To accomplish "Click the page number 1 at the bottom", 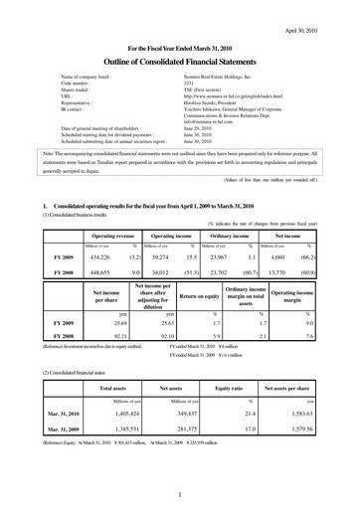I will pos(179,493).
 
